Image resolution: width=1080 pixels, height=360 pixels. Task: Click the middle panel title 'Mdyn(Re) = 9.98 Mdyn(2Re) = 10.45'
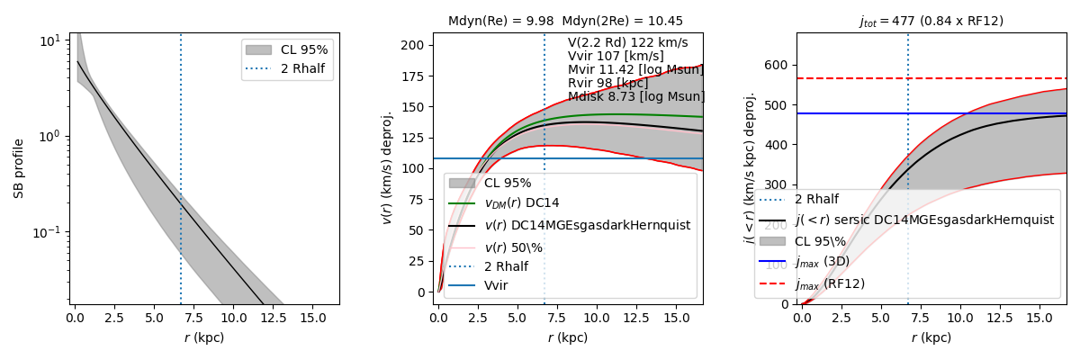point(565,21)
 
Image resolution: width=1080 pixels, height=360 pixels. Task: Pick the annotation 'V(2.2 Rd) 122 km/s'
point(627,43)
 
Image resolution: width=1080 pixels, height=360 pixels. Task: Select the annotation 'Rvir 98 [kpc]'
point(608,84)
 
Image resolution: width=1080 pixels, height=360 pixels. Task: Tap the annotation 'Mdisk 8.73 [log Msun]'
point(636,97)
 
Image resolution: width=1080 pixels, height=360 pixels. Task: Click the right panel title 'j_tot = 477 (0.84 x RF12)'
point(931,21)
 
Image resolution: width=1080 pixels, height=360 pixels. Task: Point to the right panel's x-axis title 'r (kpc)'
point(931,338)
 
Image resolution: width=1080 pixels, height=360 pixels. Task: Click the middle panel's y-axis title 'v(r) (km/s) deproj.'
point(387,168)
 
